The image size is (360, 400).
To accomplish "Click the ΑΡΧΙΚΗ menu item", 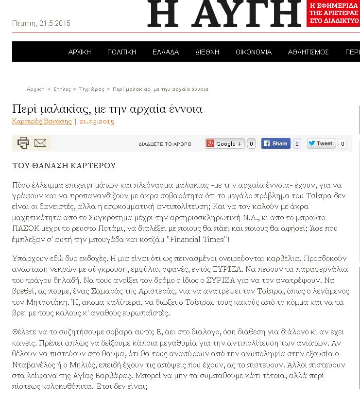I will click(80, 52).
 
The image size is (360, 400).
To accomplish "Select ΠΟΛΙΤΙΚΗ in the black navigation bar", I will click(121, 52).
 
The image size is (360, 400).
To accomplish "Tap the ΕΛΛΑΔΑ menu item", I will click(166, 52).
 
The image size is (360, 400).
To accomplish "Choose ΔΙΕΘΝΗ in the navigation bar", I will click(207, 52).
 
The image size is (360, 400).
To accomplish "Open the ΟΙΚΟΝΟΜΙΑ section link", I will click(254, 52).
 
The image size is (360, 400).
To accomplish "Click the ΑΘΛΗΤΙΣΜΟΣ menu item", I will click(308, 52).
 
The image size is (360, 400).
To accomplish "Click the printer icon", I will click(23, 143).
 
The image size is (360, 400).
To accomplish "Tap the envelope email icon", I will click(40, 143).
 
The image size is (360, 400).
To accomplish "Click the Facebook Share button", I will click(275, 143).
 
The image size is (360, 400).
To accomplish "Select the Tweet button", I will click(321, 143).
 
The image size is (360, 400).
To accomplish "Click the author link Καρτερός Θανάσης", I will click(42, 122).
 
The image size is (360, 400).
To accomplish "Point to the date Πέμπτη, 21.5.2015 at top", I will click(41, 23).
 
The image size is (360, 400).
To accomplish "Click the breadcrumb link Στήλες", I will click(62, 89).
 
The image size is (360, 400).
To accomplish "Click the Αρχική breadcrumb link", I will click(35, 89).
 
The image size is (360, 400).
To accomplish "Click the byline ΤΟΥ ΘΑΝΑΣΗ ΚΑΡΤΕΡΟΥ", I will click(64, 165).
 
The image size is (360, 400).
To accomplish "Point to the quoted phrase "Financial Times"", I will click(199, 239).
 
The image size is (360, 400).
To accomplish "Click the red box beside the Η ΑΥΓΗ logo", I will click(333, 13).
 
